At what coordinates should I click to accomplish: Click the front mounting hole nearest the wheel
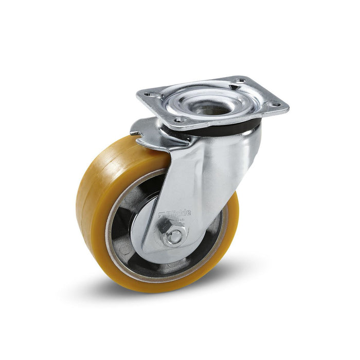(x=179, y=119)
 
